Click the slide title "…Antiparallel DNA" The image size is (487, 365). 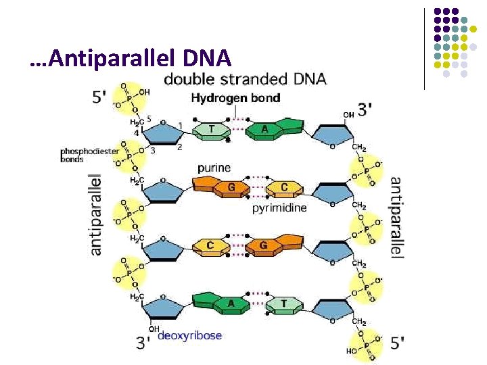point(131,59)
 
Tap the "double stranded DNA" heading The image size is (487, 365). point(245,79)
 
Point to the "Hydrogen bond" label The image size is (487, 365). point(235,98)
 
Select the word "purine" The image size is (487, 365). point(214,168)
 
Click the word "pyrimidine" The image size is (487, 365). point(279,208)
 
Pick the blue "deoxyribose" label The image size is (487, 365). point(189,335)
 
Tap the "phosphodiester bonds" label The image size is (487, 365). point(81,155)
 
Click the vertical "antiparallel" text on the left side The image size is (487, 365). point(96,215)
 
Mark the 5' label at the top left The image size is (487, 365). point(99,97)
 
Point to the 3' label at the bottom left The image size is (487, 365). point(143,343)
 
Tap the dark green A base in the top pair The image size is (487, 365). point(264,130)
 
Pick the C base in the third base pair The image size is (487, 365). point(210,244)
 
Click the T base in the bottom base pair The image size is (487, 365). point(283,303)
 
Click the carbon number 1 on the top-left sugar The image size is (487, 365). point(181,126)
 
